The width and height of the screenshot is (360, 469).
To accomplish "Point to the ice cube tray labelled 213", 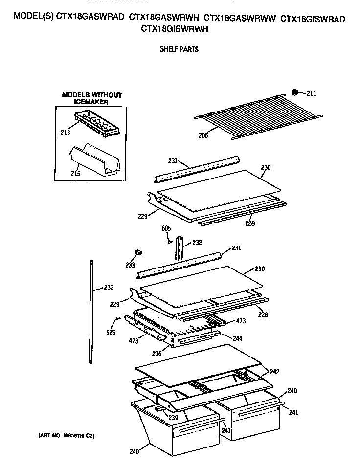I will point(96,124).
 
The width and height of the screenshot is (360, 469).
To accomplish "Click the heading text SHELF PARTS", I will point(179,49).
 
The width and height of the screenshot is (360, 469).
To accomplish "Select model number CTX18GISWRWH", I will point(175,29).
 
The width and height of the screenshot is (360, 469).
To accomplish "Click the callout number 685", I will point(166,228).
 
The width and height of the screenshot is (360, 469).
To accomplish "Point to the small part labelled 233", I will point(138,252).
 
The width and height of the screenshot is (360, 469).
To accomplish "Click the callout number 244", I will point(237,338).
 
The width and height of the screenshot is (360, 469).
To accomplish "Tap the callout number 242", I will point(274,372).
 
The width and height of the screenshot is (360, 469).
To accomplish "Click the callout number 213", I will point(66,132).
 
